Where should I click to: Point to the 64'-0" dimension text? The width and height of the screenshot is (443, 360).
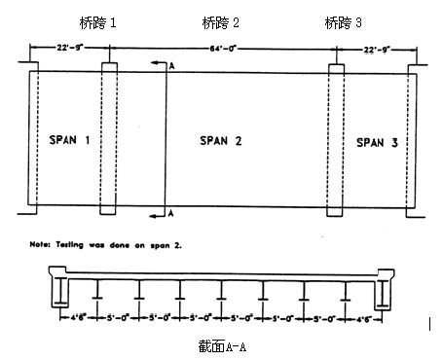pos(222,46)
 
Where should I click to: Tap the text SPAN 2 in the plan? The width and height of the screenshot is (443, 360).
pos(220,141)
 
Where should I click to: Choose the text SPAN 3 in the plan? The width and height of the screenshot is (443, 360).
pos(376,142)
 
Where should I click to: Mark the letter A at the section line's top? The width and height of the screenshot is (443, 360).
pos(171,64)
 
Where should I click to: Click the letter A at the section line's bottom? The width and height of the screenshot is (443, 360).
pos(171,211)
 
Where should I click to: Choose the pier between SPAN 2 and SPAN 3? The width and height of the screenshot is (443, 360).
pos(336,141)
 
